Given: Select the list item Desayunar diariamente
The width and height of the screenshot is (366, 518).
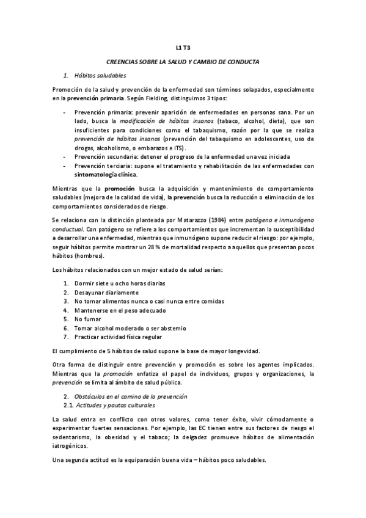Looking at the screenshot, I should [102, 293].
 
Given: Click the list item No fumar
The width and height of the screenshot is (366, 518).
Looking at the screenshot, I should [87, 319].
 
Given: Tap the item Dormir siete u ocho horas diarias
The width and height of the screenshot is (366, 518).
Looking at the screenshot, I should [119, 283].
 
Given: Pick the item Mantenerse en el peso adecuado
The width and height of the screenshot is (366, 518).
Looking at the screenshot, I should [111, 310].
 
